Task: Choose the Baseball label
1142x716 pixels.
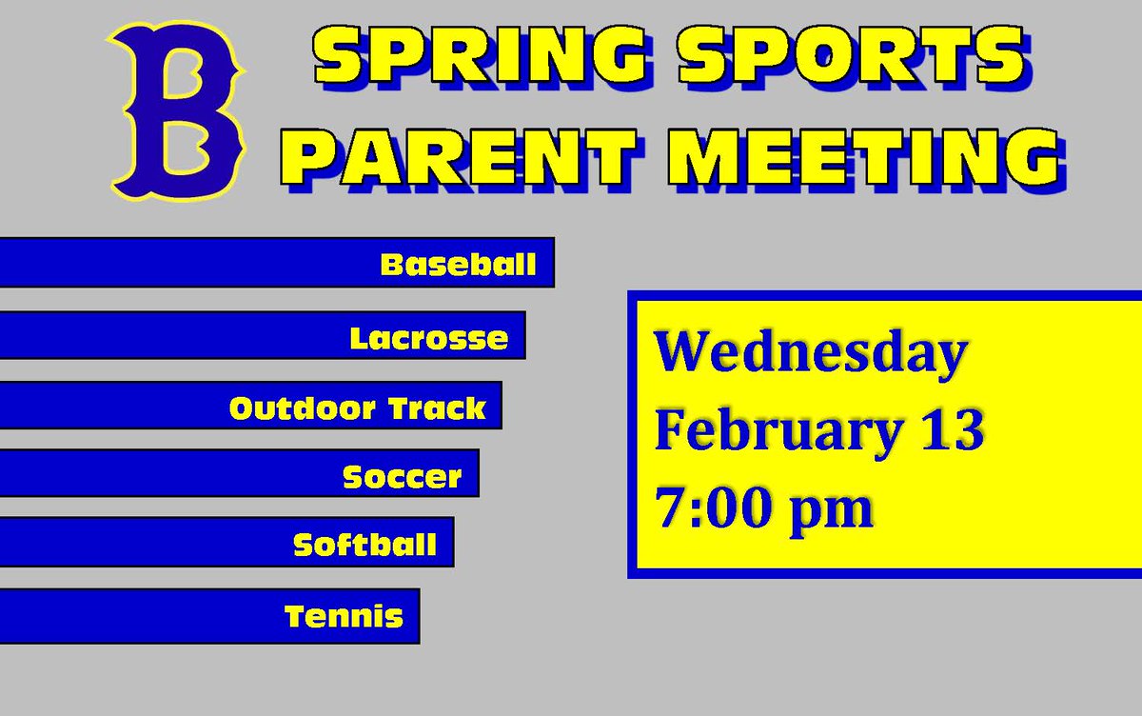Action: pyautogui.click(x=459, y=264)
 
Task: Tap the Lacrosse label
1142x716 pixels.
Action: pyautogui.click(x=429, y=338)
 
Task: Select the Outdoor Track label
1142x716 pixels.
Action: pyautogui.click(x=358, y=408)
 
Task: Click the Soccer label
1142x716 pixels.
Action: pyautogui.click(x=403, y=476)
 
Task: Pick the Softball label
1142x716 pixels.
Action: pyautogui.click(x=365, y=545)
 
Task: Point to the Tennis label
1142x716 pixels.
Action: pyautogui.click(x=345, y=617)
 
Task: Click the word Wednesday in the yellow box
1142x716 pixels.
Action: pyautogui.click(x=810, y=353)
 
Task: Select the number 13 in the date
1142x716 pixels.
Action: pyautogui.click(x=951, y=429)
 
